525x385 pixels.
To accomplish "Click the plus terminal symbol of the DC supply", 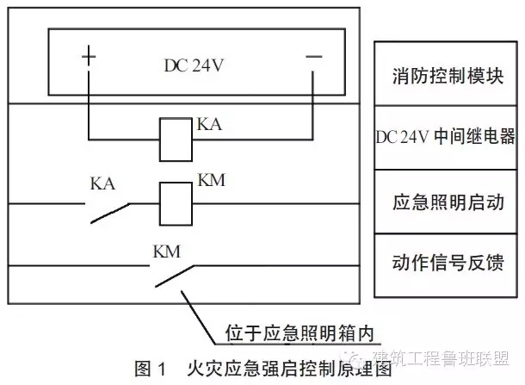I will pos(89,57).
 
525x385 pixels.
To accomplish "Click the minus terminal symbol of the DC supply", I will pos(313,57).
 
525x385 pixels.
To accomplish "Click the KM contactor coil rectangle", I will pos(177,203).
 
